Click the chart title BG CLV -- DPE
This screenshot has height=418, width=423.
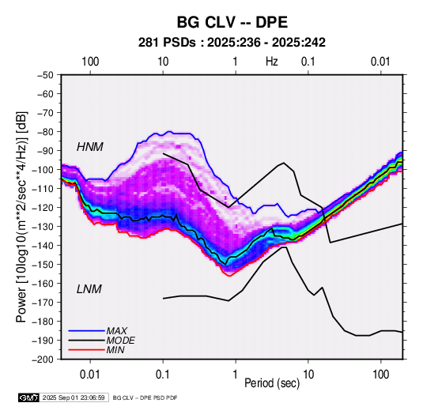[x=232, y=22]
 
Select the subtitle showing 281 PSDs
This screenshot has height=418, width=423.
[x=232, y=43]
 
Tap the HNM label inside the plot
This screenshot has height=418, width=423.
[x=90, y=147]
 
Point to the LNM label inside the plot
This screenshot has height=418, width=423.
[x=89, y=289]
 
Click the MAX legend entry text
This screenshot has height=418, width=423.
[x=116, y=330]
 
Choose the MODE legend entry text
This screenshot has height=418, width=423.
[x=120, y=341]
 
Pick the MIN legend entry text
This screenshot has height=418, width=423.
[x=115, y=350]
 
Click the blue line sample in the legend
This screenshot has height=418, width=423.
[x=87, y=330]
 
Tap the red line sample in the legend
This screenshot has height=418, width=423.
[x=87, y=350]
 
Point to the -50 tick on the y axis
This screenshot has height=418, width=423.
[x=45, y=75]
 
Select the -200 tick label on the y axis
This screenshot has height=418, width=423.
[x=43, y=360]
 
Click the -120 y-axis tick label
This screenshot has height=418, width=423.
[x=43, y=207]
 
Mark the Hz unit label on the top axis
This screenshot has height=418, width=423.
[x=271, y=62]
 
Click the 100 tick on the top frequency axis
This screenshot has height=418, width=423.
[x=90, y=62]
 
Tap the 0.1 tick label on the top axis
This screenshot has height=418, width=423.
[x=308, y=62]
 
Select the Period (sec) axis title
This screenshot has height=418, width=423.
[x=272, y=382]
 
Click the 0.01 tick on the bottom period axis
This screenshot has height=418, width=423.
[x=90, y=375]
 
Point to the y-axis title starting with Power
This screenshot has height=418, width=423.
[x=21, y=217]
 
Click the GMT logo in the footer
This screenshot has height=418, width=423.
[x=28, y=397]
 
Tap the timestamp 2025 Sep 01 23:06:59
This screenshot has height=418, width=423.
[x=74, y=397]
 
